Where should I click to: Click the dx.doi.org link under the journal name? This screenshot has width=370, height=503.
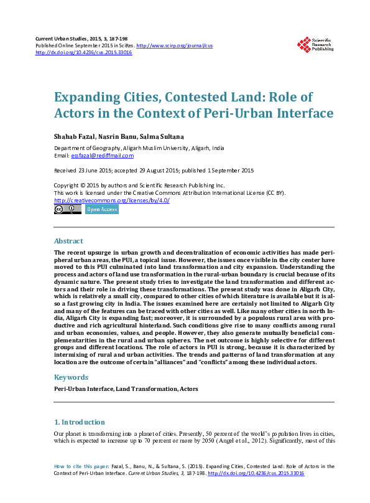click(x=83, y=53)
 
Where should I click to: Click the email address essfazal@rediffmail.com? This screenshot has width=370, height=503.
click(x=102, y=156)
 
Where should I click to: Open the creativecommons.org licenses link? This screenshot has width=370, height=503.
click(x=112, y=200)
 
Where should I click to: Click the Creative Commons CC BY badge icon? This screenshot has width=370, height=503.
click(x=67, y=210)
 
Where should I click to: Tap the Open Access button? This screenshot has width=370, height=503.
click(x=101, y=210)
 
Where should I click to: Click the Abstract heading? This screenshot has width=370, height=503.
click(x=68, y=241)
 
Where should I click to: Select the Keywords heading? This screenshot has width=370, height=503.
click(x=72, y=377)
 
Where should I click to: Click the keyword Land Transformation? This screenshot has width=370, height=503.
click(x=145, y=389)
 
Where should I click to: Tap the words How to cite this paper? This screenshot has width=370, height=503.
click(x=81, y=466)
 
